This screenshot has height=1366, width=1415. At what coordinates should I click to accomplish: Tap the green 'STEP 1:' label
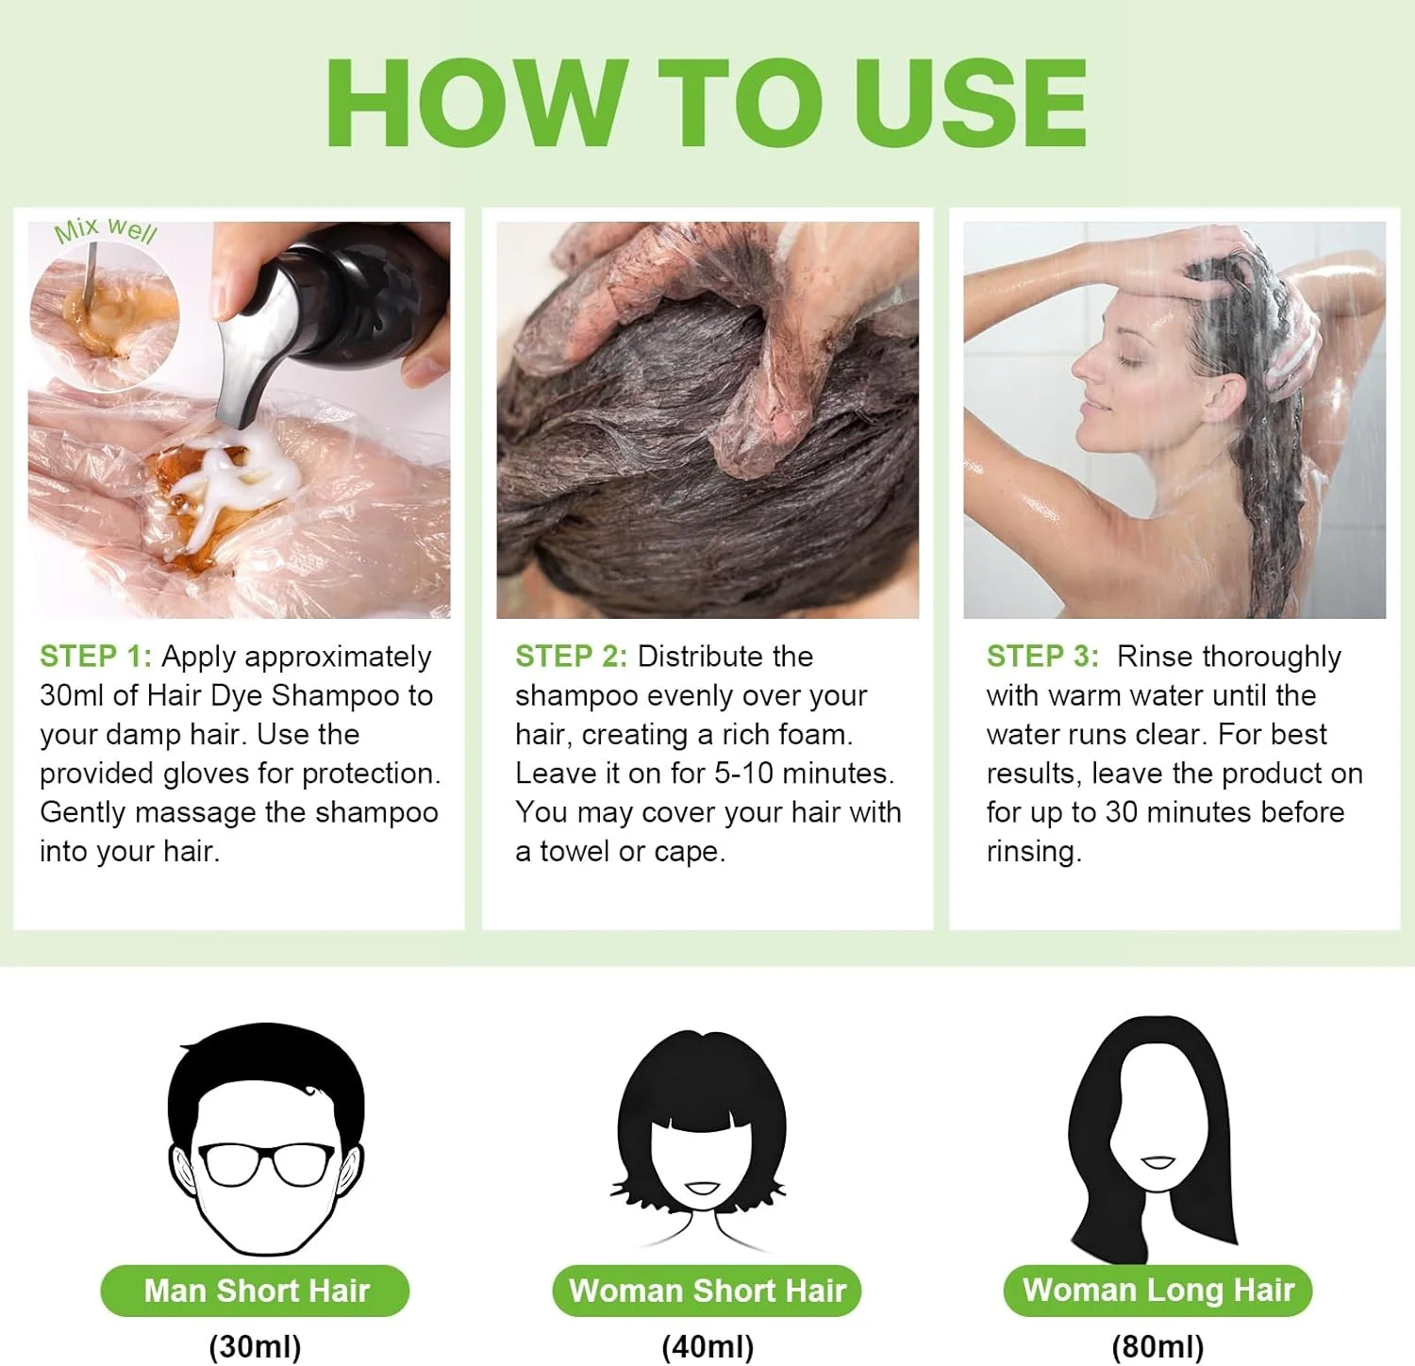click(x=95, y=657)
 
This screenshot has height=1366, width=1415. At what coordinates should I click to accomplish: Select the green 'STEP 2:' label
click(x=571, y=657)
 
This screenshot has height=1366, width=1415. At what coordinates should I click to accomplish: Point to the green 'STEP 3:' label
click(x=1042, y=657)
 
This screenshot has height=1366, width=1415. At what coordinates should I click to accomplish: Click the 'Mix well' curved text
click(x=105, y=229)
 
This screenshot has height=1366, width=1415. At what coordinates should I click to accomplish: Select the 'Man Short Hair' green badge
click(x=256, y=1291)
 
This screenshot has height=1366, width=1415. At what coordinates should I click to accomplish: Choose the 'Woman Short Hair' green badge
click(x=707, y=1291)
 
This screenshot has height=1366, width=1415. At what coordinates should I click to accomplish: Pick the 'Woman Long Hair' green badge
click(x=1157, y=1290)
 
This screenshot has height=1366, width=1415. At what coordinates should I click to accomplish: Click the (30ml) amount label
click(x=255, y=1346)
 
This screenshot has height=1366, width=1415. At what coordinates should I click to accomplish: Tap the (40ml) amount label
click(x=707, y=1346)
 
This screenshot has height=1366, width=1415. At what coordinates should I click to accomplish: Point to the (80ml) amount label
click(x=1157, y=1346)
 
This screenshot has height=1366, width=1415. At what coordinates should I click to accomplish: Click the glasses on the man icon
click(x=266, y=1163)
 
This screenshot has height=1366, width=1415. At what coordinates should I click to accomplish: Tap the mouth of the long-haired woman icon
click(x=1157, y=1161)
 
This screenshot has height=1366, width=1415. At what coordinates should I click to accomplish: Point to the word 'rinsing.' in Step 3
click(x=1034, y=852)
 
